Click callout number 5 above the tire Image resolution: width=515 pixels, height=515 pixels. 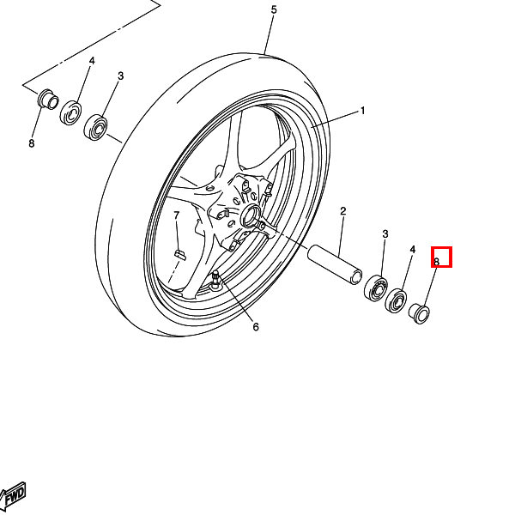274,9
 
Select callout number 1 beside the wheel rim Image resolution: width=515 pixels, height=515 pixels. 362,111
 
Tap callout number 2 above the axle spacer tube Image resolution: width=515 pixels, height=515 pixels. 342,211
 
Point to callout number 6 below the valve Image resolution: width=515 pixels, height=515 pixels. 256,327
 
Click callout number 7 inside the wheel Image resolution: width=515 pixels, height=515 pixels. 177,215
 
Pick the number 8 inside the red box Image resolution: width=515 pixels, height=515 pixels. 437,262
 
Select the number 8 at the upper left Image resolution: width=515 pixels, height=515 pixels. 32,143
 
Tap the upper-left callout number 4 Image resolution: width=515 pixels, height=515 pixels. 92,61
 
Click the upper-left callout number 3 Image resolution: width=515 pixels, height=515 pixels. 120,76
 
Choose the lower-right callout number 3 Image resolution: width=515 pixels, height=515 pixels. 385,234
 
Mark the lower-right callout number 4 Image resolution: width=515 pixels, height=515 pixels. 413,250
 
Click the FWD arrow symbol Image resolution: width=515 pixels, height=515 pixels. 13,496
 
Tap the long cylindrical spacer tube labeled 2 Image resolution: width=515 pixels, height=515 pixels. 335,264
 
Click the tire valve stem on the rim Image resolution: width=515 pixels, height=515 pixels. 215,278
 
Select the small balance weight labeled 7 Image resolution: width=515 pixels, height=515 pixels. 179,255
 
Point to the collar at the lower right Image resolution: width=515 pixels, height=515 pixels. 419,313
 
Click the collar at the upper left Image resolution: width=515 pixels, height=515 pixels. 49,99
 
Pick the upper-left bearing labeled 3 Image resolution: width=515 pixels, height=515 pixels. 95,127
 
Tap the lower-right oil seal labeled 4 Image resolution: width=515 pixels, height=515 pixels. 396,301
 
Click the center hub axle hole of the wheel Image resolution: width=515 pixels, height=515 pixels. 251,215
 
